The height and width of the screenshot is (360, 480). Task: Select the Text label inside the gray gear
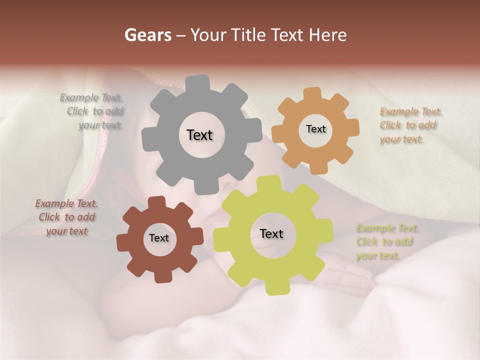(x=199, y=135)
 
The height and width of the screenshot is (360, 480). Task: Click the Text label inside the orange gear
(x=315, y=129)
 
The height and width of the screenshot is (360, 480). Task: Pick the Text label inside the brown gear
(x=159, y=238)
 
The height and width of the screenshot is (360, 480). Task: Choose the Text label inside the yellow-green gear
(x=271, y=233)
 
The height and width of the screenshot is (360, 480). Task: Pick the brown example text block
(x=67, y=217)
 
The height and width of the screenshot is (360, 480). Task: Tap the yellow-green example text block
(x=386, y=242)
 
